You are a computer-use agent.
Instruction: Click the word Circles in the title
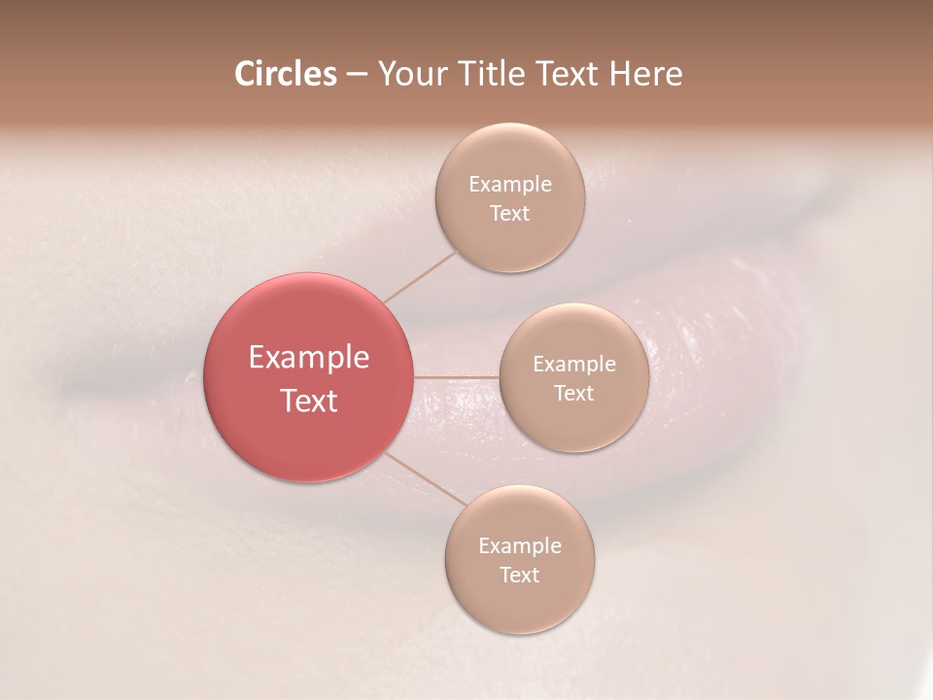[285, 74]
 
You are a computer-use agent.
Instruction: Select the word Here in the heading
[645, 74]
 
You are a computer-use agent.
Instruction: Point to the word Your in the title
[409, 74]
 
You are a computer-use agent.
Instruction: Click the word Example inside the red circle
[308, 358]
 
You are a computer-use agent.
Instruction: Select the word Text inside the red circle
[308, 401]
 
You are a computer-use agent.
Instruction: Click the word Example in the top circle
[509, 185]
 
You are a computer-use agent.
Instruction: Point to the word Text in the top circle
[509, 213]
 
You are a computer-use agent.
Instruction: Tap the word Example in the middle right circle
[573, 365]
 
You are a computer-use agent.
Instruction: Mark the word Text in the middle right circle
[573, 393]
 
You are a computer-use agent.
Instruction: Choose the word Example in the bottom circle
[519, 546]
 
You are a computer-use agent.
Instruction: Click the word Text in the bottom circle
[519, 575]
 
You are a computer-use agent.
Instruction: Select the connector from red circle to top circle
[420, 276]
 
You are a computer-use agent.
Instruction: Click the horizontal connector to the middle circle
[456, 377]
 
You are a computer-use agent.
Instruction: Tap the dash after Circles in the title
[357, 75]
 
